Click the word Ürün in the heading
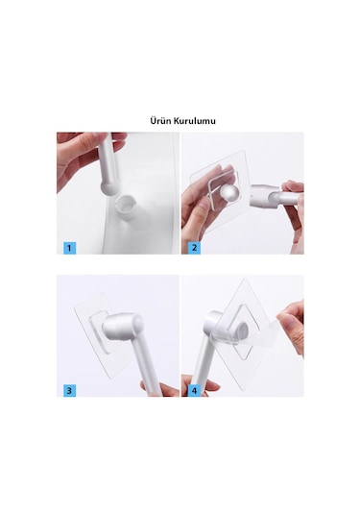coord(160,121)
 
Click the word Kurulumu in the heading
coord(195,121)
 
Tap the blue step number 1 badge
coord(69,248)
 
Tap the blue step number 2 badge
coord(194,248)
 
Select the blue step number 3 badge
coord(69,390)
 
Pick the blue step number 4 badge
coord(194,390)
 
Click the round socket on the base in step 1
coord(126,206)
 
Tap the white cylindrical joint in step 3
coord(123,326)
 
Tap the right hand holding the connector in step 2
coord(293,209)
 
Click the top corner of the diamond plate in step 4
coord(244,279)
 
